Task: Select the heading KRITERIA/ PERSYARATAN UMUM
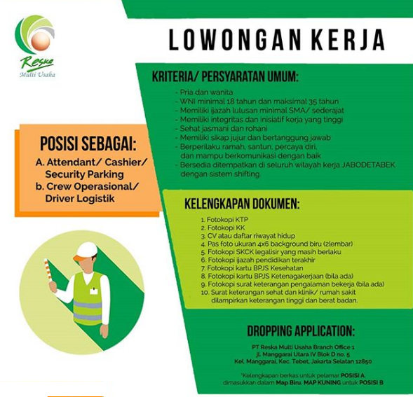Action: pos(226,76)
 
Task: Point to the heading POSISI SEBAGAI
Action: pos(88,145)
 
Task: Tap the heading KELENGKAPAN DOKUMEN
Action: pos(241,205)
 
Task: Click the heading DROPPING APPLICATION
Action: pos(301,331)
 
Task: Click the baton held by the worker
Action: pos(50,275)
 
